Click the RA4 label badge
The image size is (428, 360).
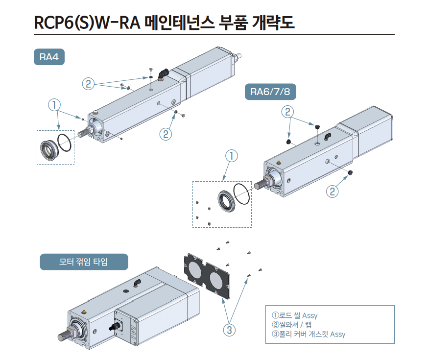49,57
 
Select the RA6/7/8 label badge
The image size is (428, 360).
270,92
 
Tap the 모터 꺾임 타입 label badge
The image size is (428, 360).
84,262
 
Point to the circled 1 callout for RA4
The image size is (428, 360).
54,104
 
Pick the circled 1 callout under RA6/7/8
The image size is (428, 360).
231,155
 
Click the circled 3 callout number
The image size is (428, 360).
229,330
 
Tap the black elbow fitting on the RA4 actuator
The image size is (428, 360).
164,73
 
